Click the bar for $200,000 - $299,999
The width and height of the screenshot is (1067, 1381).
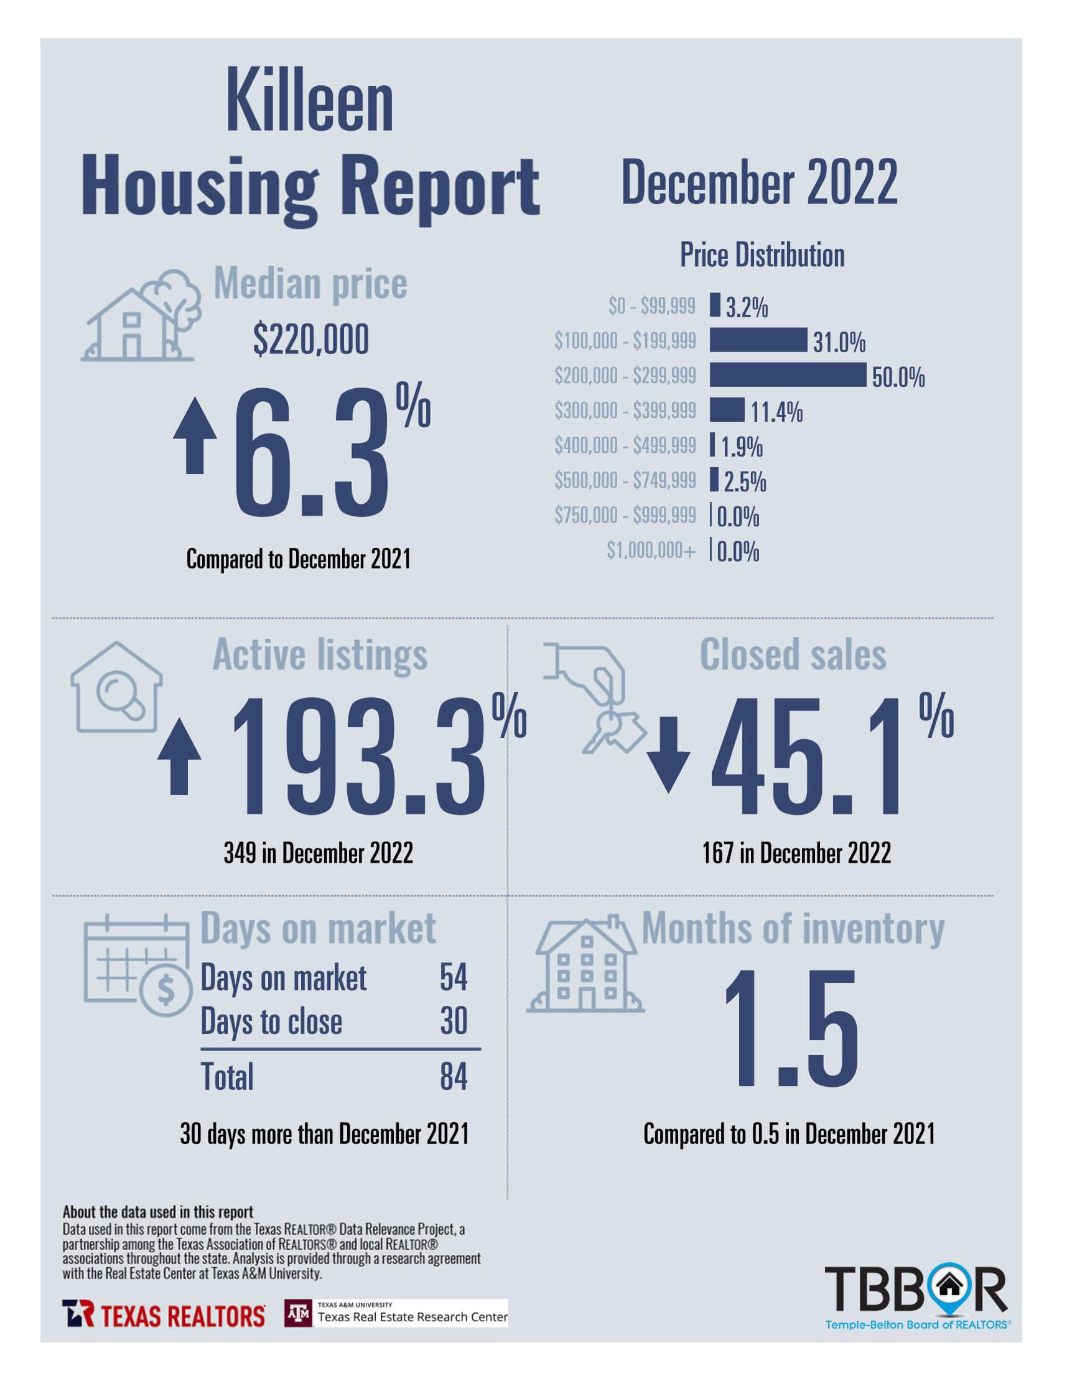point(787,375)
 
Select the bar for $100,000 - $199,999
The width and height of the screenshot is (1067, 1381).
point(758,340)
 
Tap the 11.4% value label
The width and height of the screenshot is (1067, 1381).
point(776,412)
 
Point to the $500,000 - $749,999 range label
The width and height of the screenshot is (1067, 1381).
point(625,481)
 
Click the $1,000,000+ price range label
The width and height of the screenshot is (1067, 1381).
point(651,550)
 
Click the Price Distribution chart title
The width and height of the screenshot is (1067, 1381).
point(762,256)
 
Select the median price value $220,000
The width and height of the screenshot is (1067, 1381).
point(310,340)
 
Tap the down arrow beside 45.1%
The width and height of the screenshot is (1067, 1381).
point(668,755)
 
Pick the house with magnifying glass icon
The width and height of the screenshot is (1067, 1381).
point(116,688)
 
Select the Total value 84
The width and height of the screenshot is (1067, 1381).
point(454,1077)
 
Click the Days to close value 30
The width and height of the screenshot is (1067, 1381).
point(454,1021)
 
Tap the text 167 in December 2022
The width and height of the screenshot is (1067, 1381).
point(796,853)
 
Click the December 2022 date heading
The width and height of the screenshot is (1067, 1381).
point(759,182)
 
